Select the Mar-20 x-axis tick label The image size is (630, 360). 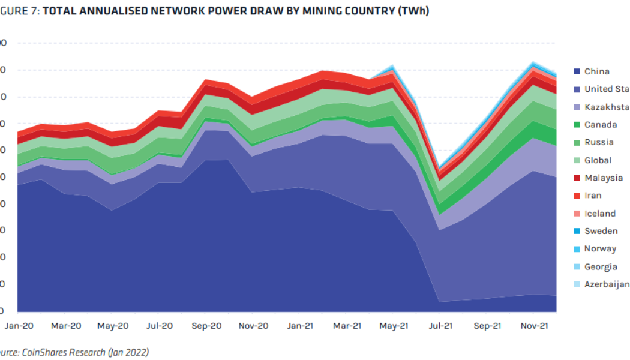(x=66, y=326)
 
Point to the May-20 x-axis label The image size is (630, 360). (x=113, y=326)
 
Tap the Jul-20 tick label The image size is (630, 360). (x=159, y=326)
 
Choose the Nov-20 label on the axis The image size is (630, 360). (x=253, y=326)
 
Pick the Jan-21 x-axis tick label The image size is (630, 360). (x=299, y=326)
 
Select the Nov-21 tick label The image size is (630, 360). (x=534, y=326)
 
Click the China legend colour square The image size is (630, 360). (x=577, y=71)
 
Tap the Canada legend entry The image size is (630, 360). (x=600, y=125)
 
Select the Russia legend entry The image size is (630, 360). (x=599, y=142)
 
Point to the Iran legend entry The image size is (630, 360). (x=593, y=196)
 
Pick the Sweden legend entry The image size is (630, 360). (x=601, y=231)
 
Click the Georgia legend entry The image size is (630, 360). (x=601, y=266)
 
